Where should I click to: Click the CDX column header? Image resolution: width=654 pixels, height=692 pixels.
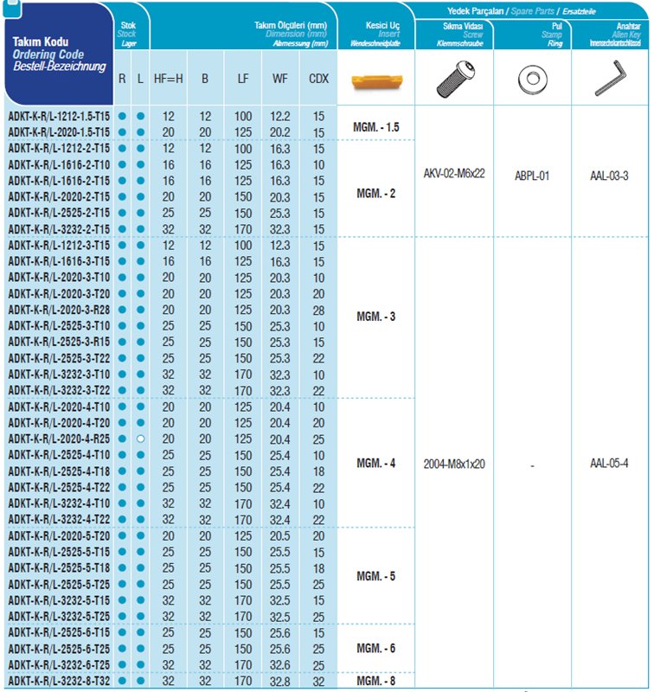click(318, 79)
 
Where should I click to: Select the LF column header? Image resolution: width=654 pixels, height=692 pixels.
click(243, 79)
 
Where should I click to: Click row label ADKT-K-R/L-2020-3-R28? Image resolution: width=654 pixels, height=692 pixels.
click(59, 310)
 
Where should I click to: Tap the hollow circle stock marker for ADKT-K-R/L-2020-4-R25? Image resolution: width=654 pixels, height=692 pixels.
click(140, 439)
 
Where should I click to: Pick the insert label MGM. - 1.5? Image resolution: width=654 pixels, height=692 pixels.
click(376, 127)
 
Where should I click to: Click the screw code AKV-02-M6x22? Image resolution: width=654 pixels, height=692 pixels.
click(454, 174)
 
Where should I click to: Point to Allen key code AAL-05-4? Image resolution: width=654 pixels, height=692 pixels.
click(609, 463)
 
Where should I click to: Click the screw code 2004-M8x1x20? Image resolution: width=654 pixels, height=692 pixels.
click(454, 463)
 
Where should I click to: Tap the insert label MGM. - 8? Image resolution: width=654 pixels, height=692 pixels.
click(376, 682)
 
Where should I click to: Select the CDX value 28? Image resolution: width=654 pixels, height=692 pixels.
click(318, 310)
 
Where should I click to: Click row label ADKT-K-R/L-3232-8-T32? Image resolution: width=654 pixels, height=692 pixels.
click(59, 682)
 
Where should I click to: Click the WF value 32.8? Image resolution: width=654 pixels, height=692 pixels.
click(280, 682)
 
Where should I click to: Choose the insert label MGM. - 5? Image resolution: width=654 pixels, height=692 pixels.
click(376, 576)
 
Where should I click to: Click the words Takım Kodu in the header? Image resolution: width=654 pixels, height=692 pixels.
click(40, 42)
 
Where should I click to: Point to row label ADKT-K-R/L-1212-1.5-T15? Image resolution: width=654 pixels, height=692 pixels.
click(59, 116)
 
